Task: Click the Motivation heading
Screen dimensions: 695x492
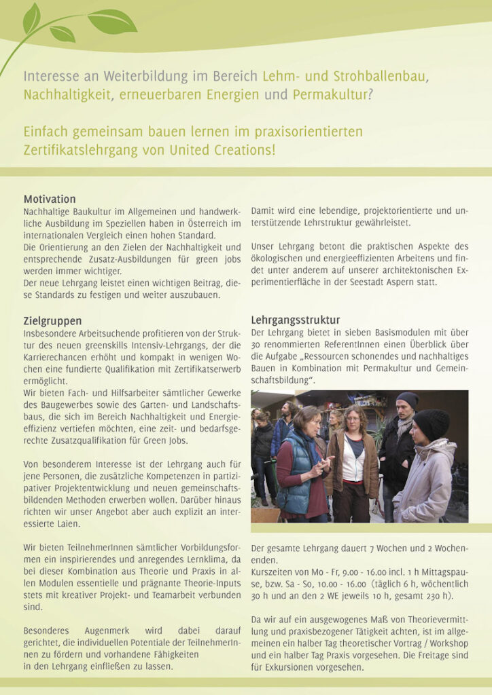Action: point(50,200)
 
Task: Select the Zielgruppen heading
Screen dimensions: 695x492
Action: point(52,320)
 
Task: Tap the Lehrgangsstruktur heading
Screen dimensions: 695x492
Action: point(296,320)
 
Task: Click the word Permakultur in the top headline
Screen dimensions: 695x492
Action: point(330,94)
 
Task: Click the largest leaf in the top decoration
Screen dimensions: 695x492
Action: point(112,21)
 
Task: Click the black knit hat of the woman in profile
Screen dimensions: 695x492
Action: point(432,421)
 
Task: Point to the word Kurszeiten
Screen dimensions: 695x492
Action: point(273,571)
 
